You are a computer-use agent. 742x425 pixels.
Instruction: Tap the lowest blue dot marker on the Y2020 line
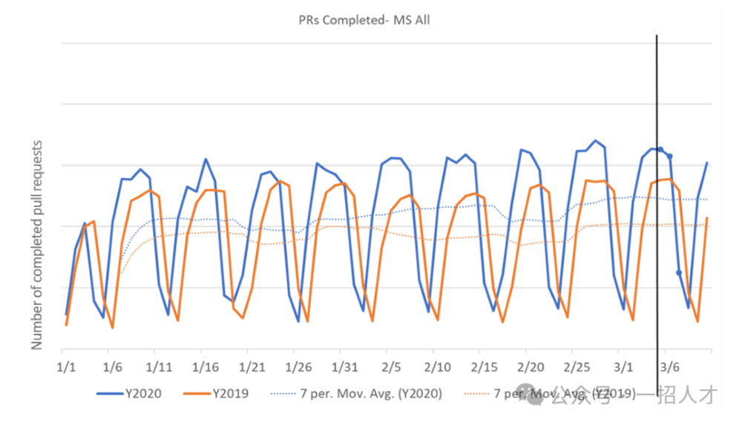point(679,272)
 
